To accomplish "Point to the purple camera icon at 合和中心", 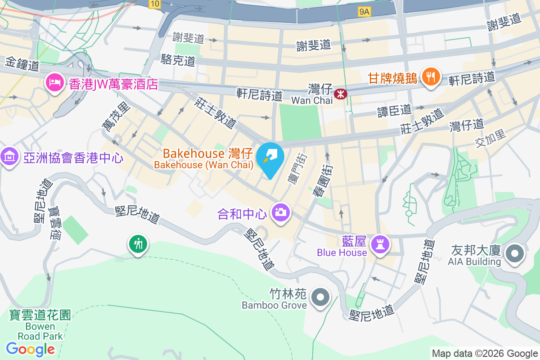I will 281,211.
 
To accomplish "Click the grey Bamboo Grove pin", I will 320,297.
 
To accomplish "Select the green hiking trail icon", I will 138,244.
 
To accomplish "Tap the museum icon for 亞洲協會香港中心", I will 9,157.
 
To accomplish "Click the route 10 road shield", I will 155,4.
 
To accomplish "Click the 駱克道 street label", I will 178,60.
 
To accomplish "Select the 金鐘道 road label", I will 22,64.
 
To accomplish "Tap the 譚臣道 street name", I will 394,110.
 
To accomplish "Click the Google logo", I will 31,349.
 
